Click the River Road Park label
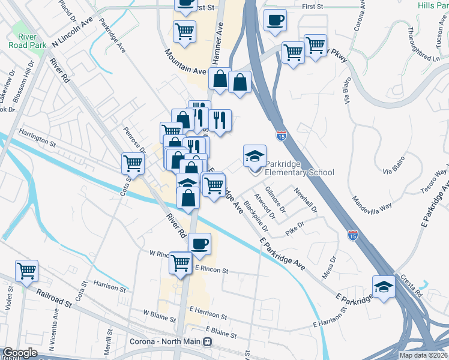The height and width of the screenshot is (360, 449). click(x=24, y=41)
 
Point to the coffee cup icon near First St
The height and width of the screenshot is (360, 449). click(x=275, y=20)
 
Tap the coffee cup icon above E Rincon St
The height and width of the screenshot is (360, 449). click(x=199, y=243)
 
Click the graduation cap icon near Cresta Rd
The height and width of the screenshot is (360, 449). click(x=384, y=286)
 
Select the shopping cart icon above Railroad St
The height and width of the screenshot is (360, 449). click(x=26, y=271)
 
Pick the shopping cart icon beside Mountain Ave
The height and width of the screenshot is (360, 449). click(x=184, y=31)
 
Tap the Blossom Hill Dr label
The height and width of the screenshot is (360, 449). click(x=28, y=77)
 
